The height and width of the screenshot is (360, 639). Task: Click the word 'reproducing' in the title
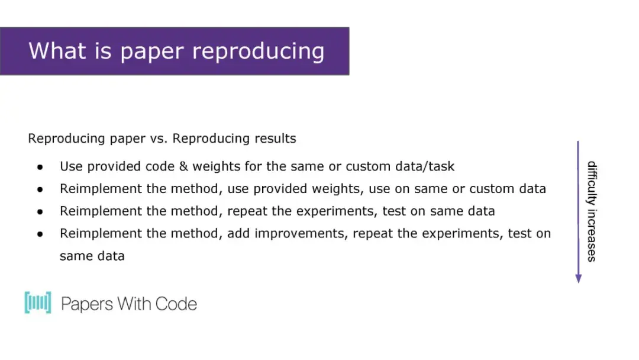pos(259,52)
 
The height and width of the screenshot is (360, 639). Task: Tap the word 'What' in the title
pos(57,50)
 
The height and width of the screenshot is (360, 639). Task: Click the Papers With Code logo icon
pos(38,303)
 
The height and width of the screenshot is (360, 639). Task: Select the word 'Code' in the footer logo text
pos(176,304)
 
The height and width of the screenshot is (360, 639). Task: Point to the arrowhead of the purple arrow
pos(578,278)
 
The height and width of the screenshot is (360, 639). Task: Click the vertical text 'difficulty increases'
pos(592,211)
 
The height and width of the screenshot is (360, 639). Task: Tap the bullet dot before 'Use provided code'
pos(40,167)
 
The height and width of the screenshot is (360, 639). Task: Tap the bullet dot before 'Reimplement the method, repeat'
pos(40,211)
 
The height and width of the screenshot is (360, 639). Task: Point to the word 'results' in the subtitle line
pos(276,139)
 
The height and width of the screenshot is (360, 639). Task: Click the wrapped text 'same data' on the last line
pos(92,256)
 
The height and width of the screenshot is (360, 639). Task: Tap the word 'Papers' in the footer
pos(87,304)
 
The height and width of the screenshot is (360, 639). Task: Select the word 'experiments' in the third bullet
pos(337,211)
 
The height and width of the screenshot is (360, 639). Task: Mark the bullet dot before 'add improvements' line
pos(40,234)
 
